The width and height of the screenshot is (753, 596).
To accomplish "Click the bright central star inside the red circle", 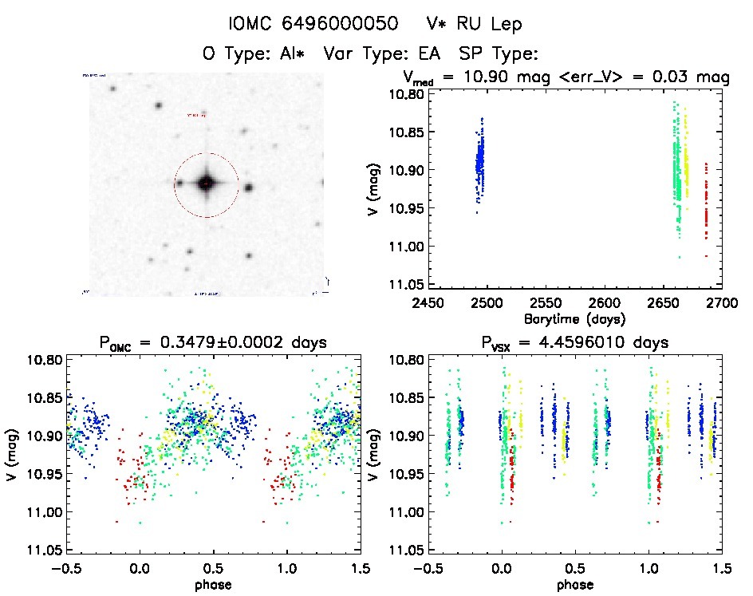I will click(207, 184).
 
